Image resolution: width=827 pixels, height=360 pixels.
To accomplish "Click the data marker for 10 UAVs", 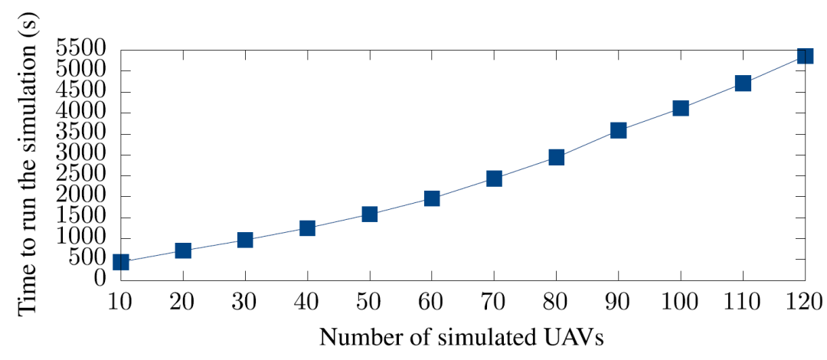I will pyautogui.click(x=120, y=262).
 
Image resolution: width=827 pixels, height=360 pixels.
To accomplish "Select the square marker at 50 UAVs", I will pyautogui.click(x=370, y=214).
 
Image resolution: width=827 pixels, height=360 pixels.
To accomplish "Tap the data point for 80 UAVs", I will pyautogui.click(x=556, y=157).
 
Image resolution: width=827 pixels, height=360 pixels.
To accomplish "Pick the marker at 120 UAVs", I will pyautogui.click(x=805, y=55).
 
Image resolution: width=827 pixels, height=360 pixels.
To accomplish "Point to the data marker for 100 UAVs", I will pyautogui.click(x=681, y=108).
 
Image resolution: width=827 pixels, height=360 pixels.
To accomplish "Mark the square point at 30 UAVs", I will pyautogui.click(x=245, y=240).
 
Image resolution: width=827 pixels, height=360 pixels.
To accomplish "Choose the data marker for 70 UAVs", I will pyautogui.click(x=494, y=178).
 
